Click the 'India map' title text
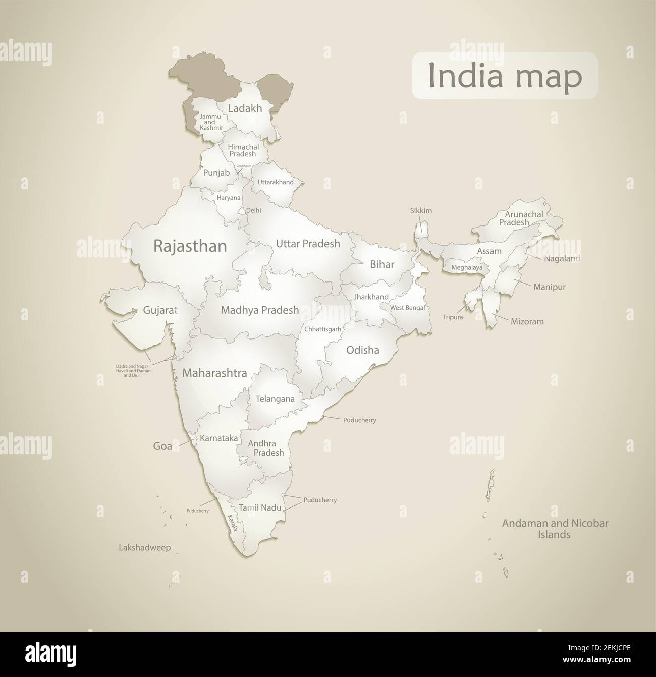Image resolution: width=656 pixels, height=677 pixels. (505, 76)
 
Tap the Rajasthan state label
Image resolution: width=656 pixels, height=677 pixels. (190, 246)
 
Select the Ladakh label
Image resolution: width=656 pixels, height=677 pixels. (245, 108)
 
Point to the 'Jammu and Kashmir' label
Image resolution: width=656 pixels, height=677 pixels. (210, 122)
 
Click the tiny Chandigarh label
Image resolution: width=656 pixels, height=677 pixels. (243, 165)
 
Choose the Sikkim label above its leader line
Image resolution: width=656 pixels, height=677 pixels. (421, 211)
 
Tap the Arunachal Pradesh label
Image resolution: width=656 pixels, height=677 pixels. (521, 218)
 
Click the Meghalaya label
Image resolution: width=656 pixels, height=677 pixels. (467, 268)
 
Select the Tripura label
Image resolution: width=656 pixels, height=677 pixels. (452, 317)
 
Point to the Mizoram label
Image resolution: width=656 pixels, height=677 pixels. (527, 321)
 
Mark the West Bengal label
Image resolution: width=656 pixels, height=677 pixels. (407, 308)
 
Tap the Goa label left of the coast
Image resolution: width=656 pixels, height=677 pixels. (162, 446)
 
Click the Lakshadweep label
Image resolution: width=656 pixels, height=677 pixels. (144, 547)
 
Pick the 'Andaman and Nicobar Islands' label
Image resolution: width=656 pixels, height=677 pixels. (555, 529)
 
